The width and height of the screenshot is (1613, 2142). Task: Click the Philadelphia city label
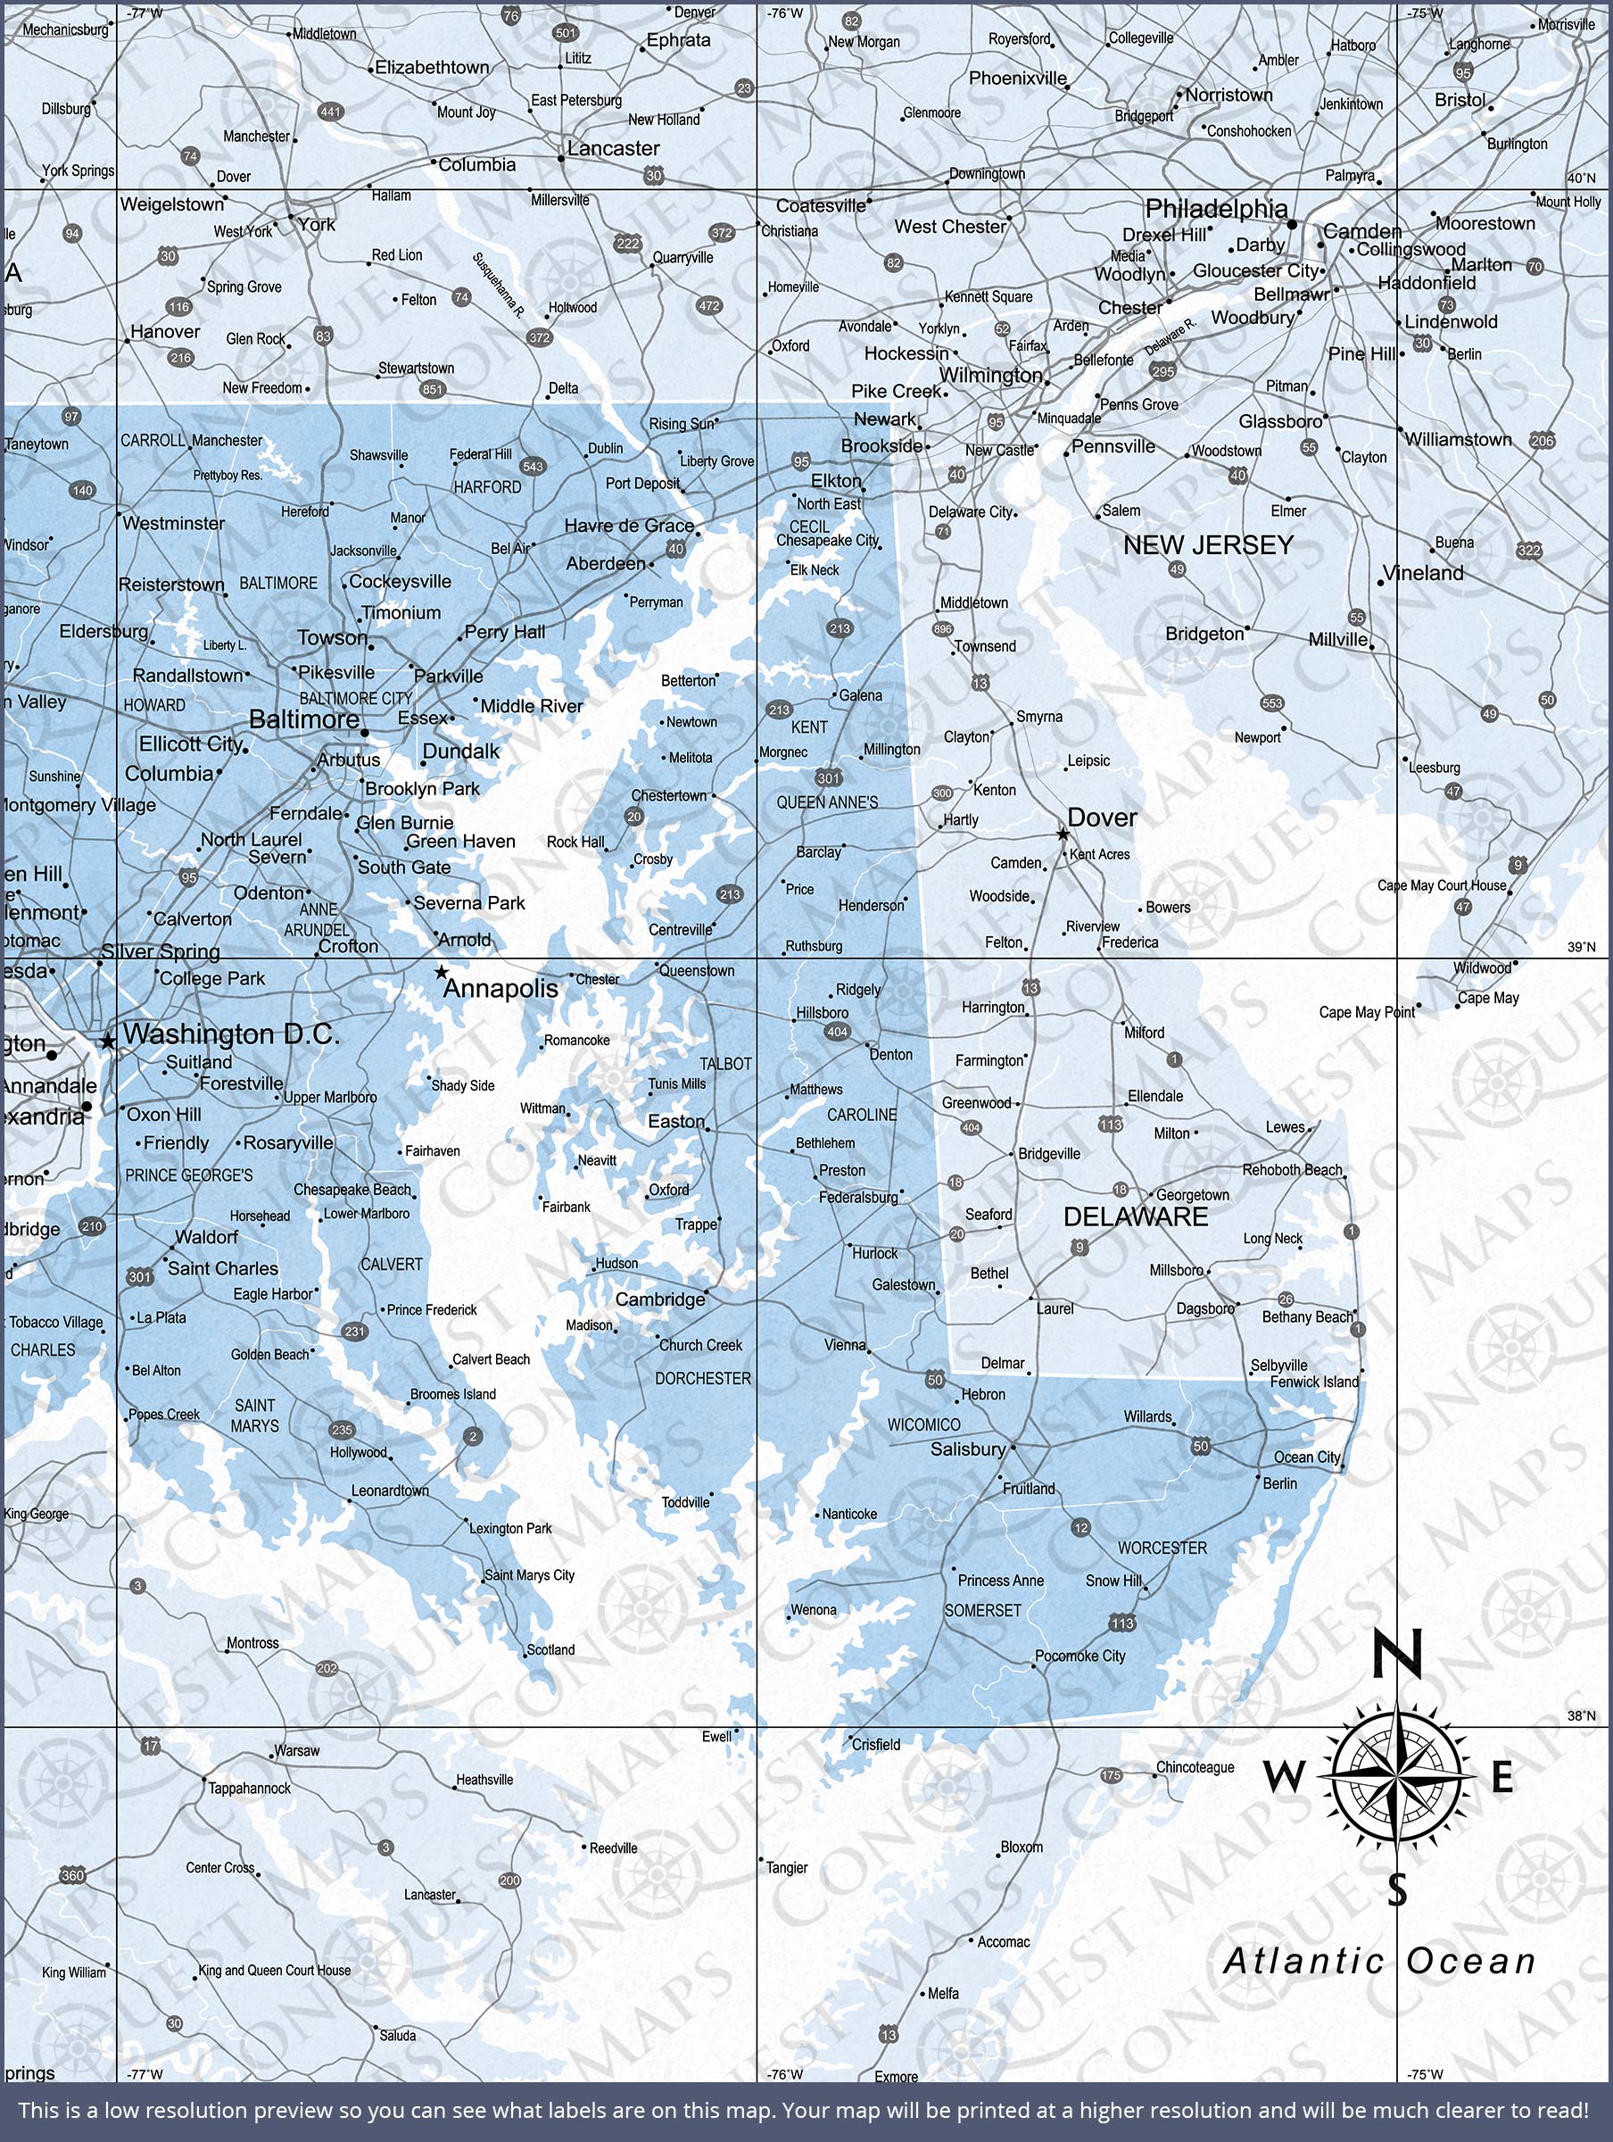point(1216,208)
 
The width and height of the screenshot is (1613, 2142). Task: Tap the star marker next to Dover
point(1063,834)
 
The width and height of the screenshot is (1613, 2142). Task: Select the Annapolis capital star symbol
point(442,971)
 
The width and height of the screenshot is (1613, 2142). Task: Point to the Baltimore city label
point(304,718)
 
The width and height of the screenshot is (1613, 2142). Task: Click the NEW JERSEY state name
point(1207,545)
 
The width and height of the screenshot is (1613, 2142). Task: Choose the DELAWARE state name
point(1136,1217)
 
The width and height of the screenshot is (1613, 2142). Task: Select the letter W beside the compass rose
point(1285,1777)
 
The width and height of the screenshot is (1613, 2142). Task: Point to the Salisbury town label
point(967,1449)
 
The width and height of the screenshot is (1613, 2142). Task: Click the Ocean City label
point(1306,1457)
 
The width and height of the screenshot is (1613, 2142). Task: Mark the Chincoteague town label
point(1195,1767)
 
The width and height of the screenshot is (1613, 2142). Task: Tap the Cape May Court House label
point(1442,885)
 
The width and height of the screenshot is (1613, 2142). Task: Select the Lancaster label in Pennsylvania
point(613,148)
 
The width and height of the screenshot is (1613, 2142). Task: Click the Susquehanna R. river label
point(499,286)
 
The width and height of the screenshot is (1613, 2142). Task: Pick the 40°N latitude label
point(1581,178)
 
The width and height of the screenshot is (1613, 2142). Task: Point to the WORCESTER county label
point(1162,1548)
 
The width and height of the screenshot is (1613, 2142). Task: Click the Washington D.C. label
point(231,1034)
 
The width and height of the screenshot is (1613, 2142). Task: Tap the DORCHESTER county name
point(703,1378)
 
